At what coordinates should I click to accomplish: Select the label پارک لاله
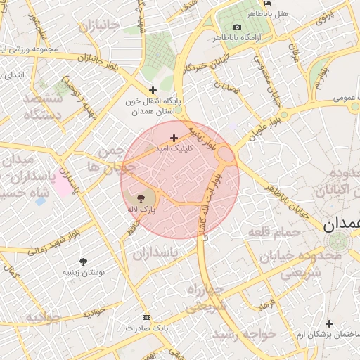pos(141,210)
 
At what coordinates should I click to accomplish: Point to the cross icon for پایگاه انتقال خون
pos(153,89)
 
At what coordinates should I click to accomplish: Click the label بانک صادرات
pos(144,328)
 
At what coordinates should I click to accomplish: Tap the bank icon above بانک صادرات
pos(146,317)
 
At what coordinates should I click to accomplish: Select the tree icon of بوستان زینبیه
pos(84,261)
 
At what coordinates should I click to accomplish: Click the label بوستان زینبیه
pos(84,272)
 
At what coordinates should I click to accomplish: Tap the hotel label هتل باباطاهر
pos(269,13)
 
